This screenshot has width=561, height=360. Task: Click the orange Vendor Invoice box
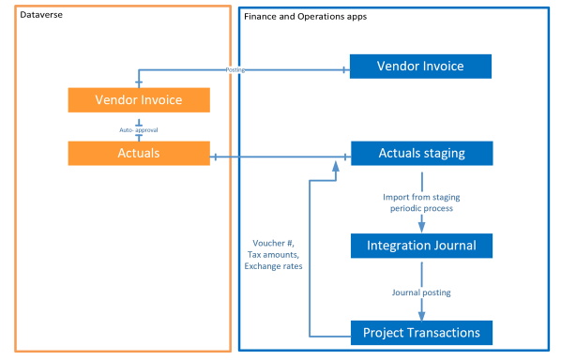point(139,99)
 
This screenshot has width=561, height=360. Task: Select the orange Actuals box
point(139,154)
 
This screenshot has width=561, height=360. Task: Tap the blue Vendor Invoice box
point(420,67)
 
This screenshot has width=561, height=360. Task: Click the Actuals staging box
point(420,154)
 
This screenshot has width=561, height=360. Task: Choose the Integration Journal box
point(420,246)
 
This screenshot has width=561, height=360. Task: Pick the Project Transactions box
point(420,332)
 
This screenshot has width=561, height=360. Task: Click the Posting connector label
point(238,69)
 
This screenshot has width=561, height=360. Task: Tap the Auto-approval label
point(139,129)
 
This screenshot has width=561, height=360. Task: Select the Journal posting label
point(420,292)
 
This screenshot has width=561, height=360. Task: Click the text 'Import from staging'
point(420,197)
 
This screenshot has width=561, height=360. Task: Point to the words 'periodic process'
point(420,209)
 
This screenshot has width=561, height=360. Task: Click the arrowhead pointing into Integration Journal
point(421,228)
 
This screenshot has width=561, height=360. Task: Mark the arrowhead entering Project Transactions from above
point(421,315)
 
